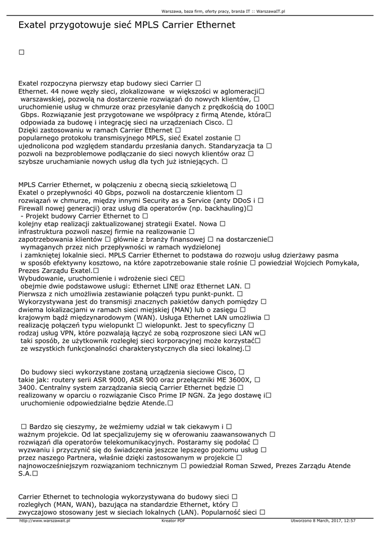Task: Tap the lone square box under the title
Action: click(x=22, y=52)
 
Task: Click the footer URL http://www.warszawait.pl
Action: click(x=45, y=521)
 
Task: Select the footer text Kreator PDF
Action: click(x=173, y=521)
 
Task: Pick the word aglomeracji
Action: click(x=238, y=91)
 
